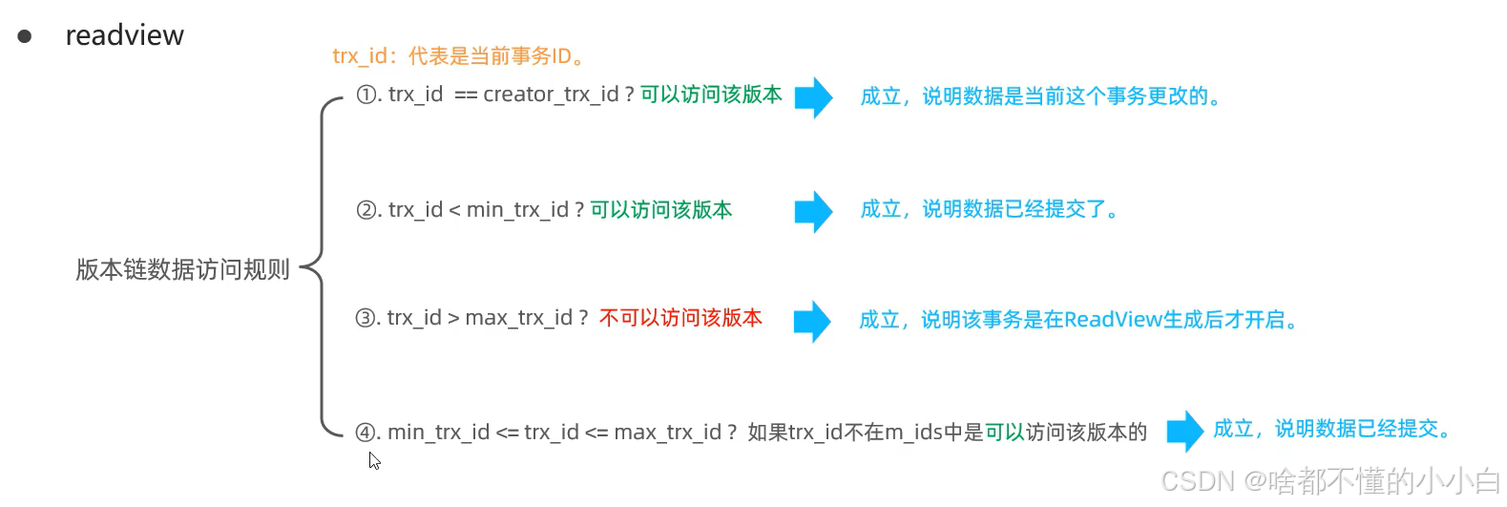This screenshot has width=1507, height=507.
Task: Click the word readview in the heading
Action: tap(124, 35)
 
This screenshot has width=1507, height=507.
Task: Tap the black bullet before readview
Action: tap(25, 36)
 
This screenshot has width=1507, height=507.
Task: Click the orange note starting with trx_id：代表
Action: tap(458, 56)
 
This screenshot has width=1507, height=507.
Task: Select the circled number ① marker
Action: tap(366, 95)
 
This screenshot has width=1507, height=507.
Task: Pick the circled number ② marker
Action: tap(366, 210)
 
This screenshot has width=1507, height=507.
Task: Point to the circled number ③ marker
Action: tap(366, 318)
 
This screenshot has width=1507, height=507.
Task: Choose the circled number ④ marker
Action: tap(366, 433)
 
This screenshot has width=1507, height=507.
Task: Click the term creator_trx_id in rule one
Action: tap(551, 95)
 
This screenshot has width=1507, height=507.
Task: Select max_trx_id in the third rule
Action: tap(518, 318)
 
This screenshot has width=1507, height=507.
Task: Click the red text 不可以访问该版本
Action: tap(680, 318)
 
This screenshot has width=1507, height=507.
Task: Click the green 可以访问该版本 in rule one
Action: tap(711, 95)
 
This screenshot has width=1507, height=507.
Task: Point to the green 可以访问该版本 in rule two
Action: tap(661, 210)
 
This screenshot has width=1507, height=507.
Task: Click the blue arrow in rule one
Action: tap(813, 97)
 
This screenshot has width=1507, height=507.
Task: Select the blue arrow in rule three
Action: tap(812, 321)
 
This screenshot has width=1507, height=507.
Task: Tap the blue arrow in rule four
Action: tap(1184, 431)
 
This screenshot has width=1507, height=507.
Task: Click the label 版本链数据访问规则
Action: tap(182, 270)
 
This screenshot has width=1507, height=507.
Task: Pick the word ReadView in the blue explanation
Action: tap(1113, 320)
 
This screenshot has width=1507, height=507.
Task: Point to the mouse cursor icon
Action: tap(374, 461)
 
